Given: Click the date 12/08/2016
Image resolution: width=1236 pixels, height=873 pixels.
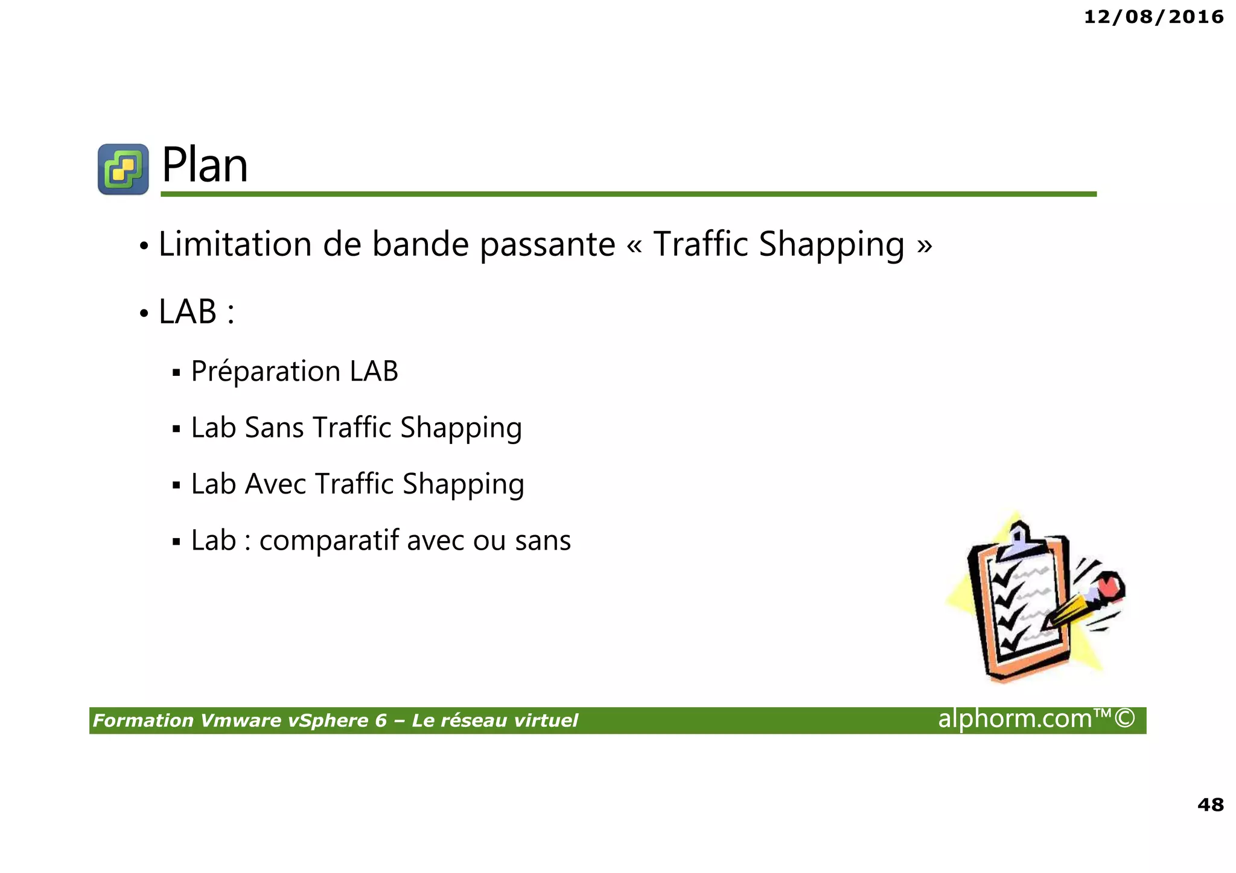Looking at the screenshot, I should point(1153,17).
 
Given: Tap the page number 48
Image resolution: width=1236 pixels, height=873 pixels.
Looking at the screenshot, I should point(1210,804).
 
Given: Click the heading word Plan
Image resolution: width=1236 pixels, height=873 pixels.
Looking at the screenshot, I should point(205,165).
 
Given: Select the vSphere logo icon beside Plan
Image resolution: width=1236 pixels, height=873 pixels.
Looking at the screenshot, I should point(123,169).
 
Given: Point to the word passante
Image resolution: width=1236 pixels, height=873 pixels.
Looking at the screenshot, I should point(547,246).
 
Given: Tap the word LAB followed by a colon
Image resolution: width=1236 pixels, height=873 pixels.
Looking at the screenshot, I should point(188,312).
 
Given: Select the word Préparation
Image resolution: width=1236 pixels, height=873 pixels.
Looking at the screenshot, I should point(266,372).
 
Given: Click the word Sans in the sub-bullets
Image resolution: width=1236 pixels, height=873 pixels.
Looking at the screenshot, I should point(274,428).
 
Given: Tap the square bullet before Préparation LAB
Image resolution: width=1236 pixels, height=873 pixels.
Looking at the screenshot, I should point(176,373).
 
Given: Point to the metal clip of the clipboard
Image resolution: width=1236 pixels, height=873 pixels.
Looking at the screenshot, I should point(1019,540).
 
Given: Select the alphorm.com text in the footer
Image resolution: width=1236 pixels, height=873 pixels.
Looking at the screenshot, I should point(1015,719).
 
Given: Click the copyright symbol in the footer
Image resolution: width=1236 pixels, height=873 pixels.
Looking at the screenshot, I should point(1124,719).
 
